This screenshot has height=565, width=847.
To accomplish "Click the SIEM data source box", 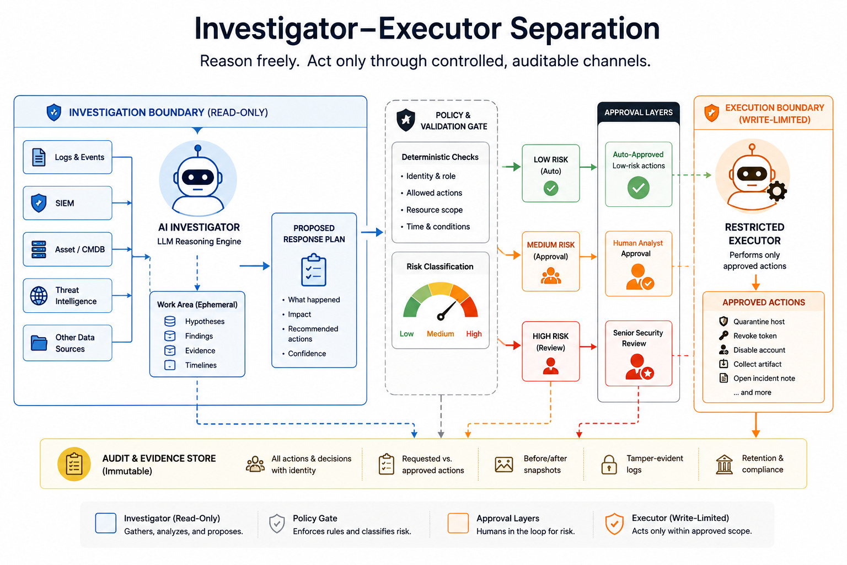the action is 67,203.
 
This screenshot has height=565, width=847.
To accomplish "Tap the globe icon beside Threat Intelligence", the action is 39,296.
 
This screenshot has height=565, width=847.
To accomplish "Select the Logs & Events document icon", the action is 39,157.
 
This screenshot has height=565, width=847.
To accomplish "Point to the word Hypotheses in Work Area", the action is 205,321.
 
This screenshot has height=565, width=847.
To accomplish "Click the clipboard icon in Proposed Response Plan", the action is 314,270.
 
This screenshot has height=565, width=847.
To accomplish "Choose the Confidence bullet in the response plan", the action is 307,354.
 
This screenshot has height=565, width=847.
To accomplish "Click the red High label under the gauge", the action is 474,334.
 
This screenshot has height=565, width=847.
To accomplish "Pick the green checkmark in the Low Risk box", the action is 551,188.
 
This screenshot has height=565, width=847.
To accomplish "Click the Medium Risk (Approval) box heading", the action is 550,250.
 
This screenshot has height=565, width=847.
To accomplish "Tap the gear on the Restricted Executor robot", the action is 777,191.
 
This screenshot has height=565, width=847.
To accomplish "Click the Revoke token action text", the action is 755,335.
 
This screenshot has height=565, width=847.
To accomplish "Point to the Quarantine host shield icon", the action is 723,321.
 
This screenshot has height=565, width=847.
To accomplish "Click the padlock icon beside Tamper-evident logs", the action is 609,465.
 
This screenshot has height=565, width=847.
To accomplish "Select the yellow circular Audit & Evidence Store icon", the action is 74,464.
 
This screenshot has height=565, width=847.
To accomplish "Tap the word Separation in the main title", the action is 585,29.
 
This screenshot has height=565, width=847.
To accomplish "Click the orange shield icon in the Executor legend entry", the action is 614,524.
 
